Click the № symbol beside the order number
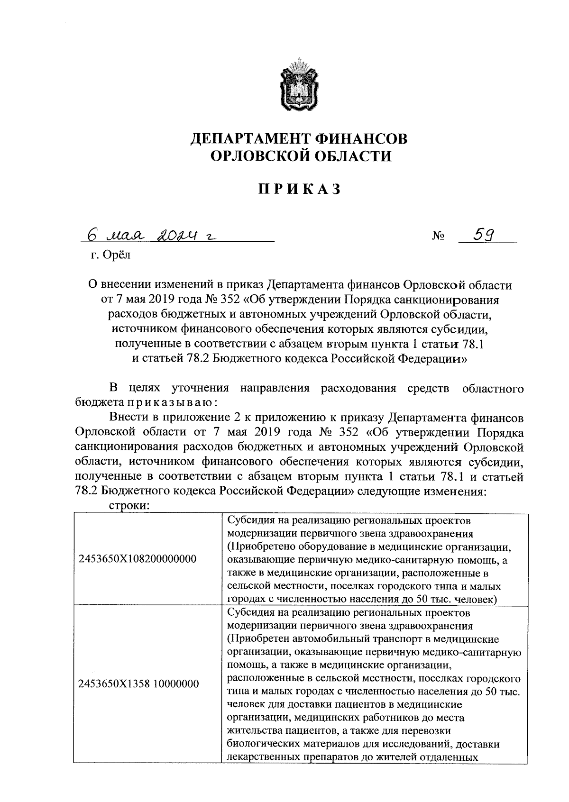click(x=438, y=237)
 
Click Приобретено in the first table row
click(x=264, y=547)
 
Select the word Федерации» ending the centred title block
click(x=432, y=359)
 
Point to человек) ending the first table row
click(x=476, y=600)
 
